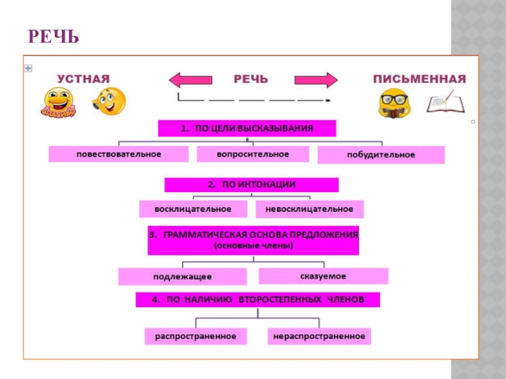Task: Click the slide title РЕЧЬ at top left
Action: tap(53, 37)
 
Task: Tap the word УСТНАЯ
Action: tap(83, 78)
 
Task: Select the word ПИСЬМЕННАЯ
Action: tap(419, 79)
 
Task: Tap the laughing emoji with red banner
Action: tap(59, 102)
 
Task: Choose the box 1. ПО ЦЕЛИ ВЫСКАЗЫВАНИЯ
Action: tap(247, 128)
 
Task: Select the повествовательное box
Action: tap(119, 154)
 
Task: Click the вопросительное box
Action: tap(252, 154)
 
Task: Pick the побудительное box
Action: tap(381, 155)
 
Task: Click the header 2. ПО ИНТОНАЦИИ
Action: tap(251, 184)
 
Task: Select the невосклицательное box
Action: tap(310, 208)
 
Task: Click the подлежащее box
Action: tap(182, 277)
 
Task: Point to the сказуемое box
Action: tap(323, 276)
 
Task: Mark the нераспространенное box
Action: tap(319, 336)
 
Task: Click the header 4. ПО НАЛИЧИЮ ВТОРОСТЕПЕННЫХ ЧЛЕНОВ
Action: tap(257, 300)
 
